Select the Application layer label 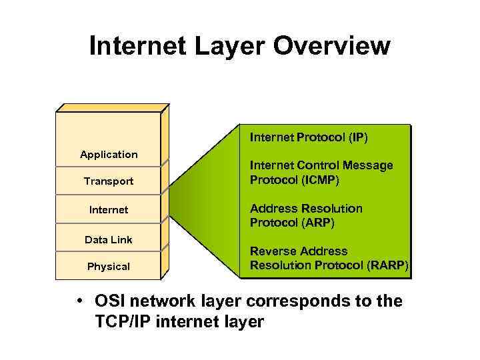[109, 155]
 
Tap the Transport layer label [109, 181]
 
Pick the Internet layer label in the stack [109, 210]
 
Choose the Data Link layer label [109, 240]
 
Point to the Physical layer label [109, 267]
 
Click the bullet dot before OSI [79, 301]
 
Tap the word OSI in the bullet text [111, 301]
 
